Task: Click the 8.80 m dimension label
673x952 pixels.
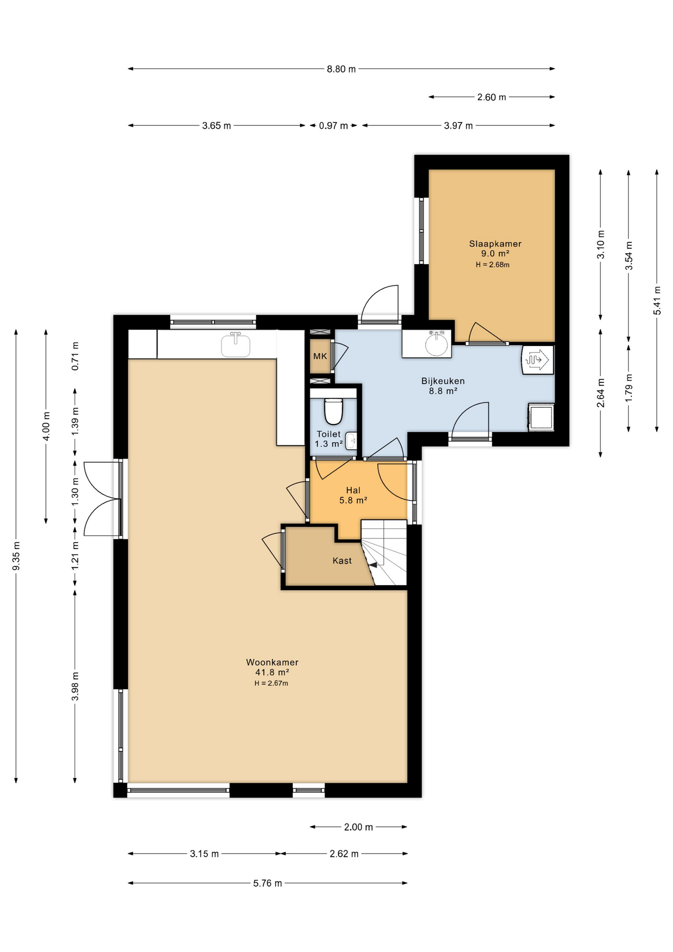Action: pos(341,69)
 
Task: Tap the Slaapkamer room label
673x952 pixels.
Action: pos(495,244)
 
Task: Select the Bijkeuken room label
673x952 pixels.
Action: pos(443,381)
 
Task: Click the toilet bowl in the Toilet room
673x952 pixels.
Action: pos(334,411)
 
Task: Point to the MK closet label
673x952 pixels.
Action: pos(320,356)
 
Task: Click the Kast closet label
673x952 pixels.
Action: pos(342,561)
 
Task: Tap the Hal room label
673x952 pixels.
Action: pos(353,490)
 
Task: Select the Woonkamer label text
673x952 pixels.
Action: pos(272,662)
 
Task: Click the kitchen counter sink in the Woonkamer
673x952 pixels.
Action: pos(235,345)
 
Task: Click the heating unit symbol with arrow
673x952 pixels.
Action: pos(537,359)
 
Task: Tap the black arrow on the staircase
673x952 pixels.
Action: pos(373,565)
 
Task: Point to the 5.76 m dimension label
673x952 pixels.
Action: pos(268,883)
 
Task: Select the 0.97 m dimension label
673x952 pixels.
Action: pos(333,126)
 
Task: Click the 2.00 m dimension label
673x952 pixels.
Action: pos(358,827)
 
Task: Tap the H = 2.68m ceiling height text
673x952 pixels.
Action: pos(493,265)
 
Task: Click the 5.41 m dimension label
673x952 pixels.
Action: pos(657,300)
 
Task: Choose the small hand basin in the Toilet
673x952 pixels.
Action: pos(351,441)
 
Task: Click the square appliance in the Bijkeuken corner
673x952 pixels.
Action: pos(541,417)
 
